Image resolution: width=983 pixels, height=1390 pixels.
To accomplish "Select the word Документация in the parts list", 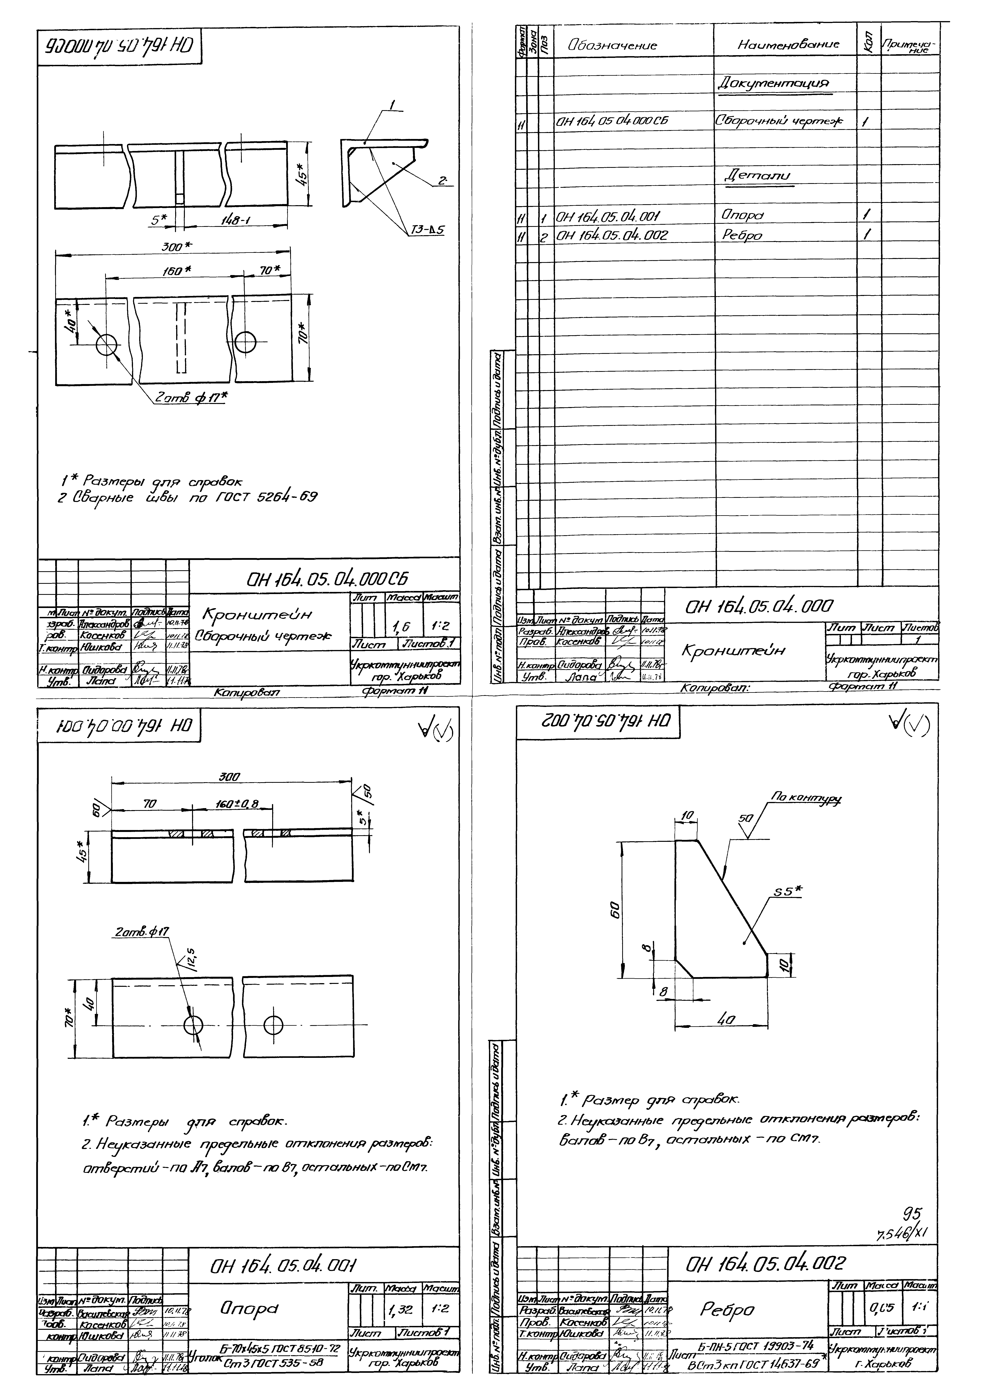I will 772,83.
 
